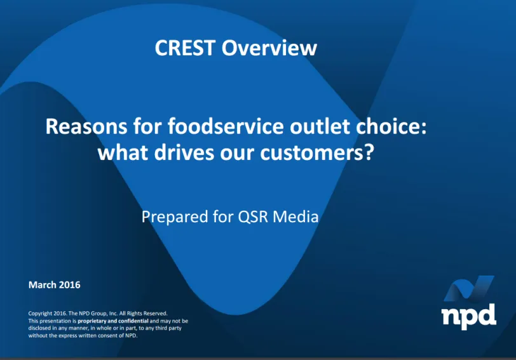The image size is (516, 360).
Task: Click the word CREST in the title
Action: click(x=185, y=48)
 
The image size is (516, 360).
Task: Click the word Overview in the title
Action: click(x=269, y=48)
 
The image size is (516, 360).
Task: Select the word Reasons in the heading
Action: click(x=86, y=126)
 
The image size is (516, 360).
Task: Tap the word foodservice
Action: click(x=226, y=126)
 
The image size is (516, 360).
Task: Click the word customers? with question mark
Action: click(x=317, y=152)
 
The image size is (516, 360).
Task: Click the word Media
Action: click(x=295, y=217)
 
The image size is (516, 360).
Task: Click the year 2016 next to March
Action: click(x=70, y=284)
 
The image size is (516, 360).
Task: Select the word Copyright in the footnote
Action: click(x=40, y=314)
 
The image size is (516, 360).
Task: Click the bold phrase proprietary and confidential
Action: click(x=113, y=321)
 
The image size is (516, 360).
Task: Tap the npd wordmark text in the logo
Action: click(x=468, y=316)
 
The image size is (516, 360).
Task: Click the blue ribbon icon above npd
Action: click(x=468, y=288)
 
